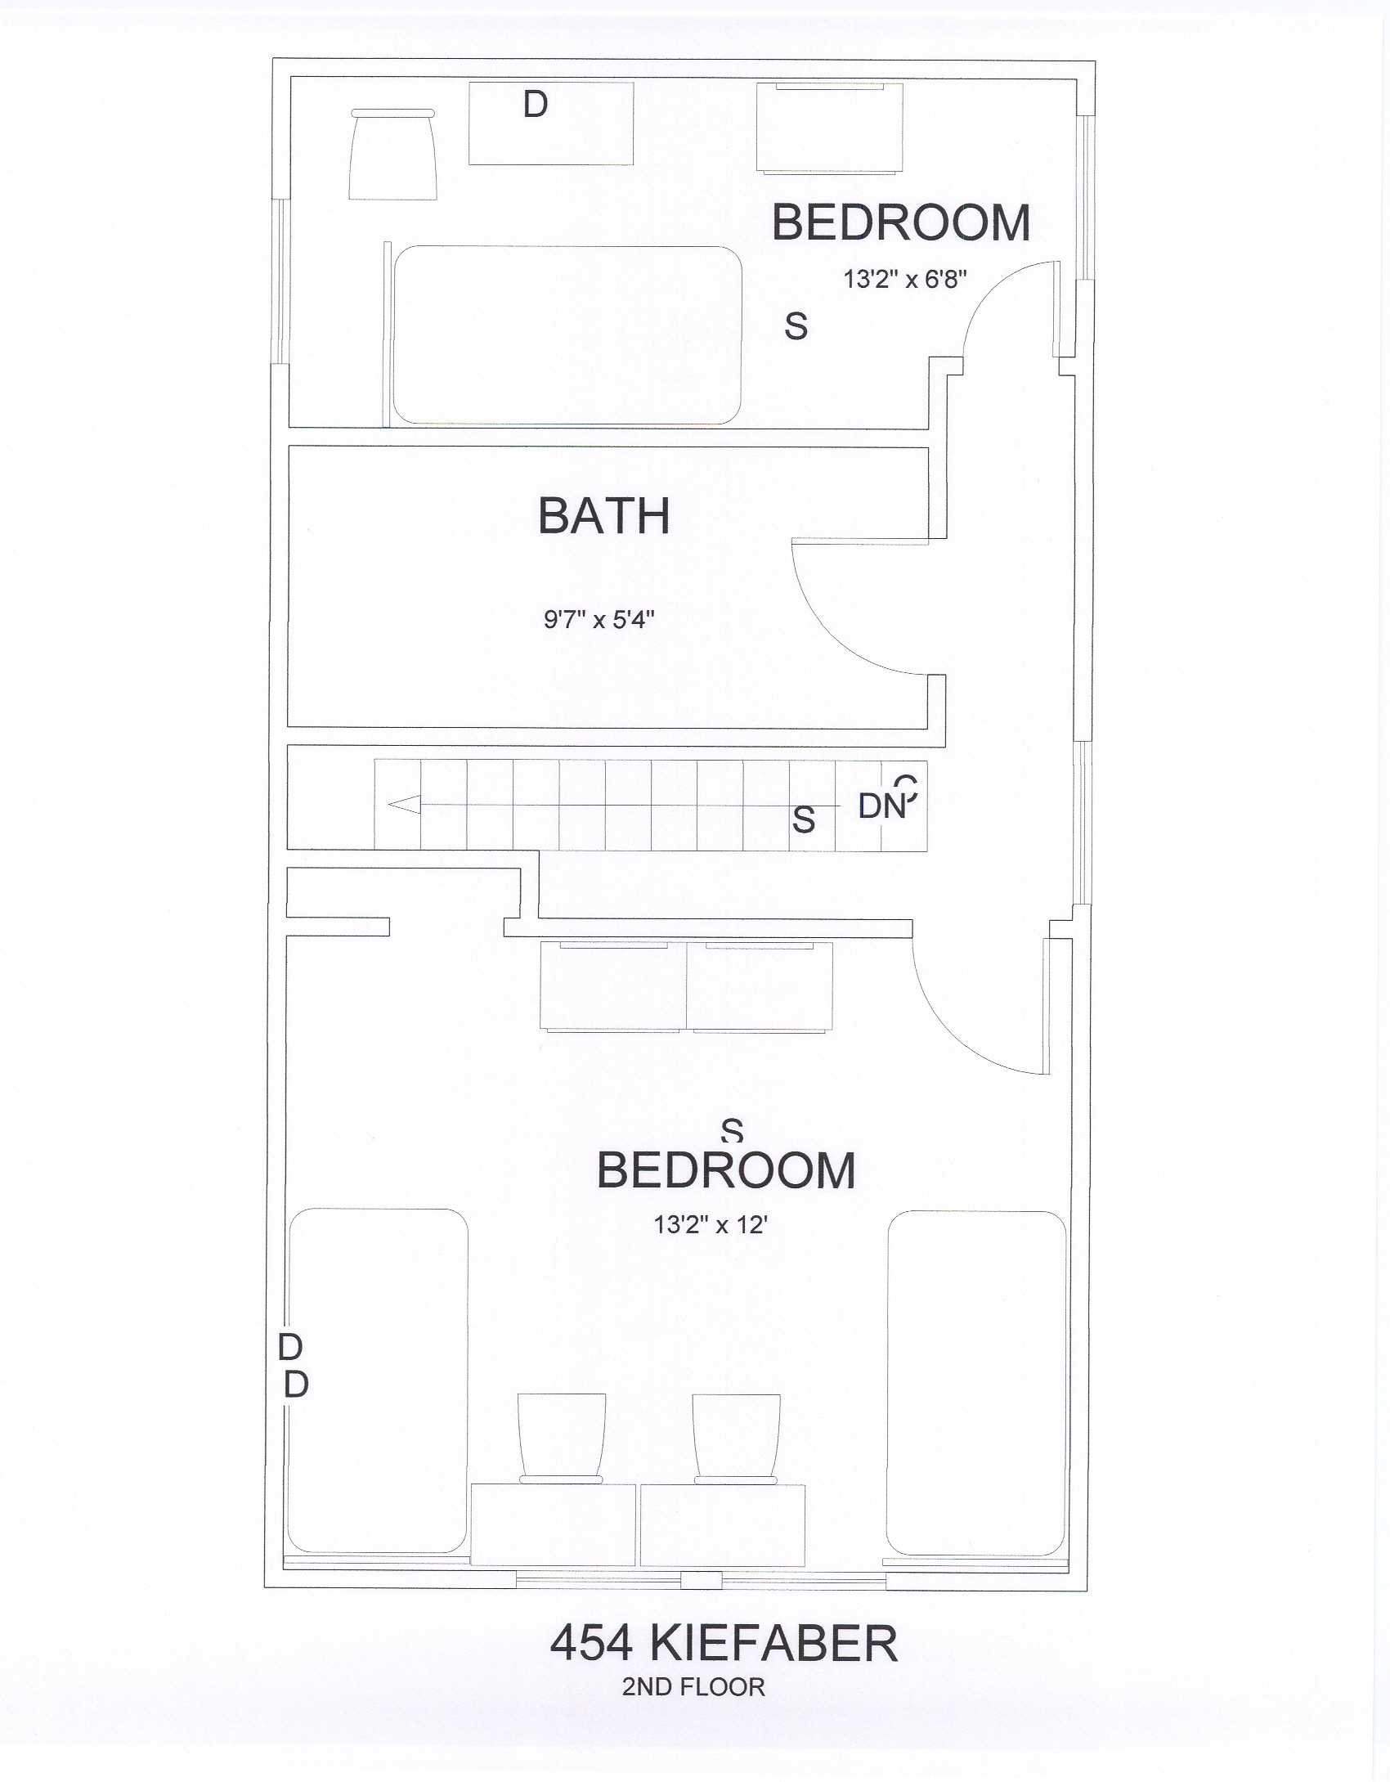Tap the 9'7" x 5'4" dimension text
600,620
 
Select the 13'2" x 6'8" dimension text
905,280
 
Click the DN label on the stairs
883,807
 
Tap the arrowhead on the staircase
404,805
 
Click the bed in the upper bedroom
567,335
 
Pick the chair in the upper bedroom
392,155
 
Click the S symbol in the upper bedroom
796,326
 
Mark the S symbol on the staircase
804,819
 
